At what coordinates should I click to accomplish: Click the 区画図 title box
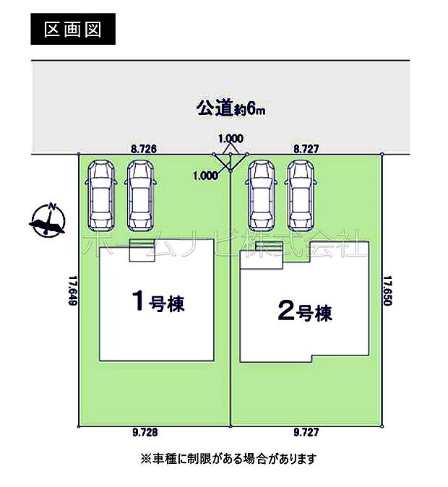(x=72, y=30)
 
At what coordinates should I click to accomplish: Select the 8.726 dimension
(x=144, y=148)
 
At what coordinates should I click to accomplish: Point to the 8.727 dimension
(x=306, y=148)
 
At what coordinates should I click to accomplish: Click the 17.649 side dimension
(x=72, y=289)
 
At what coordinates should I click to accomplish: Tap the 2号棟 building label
(x=304, y=312)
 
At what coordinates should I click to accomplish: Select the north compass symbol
(x=48, y=221)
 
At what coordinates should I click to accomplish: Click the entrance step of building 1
(x=139, y=250)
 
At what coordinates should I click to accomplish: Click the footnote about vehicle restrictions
(x=228, y=458)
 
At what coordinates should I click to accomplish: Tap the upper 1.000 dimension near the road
(x=231, y=138)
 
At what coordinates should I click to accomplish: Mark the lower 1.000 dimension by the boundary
(x=206, y=175)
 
